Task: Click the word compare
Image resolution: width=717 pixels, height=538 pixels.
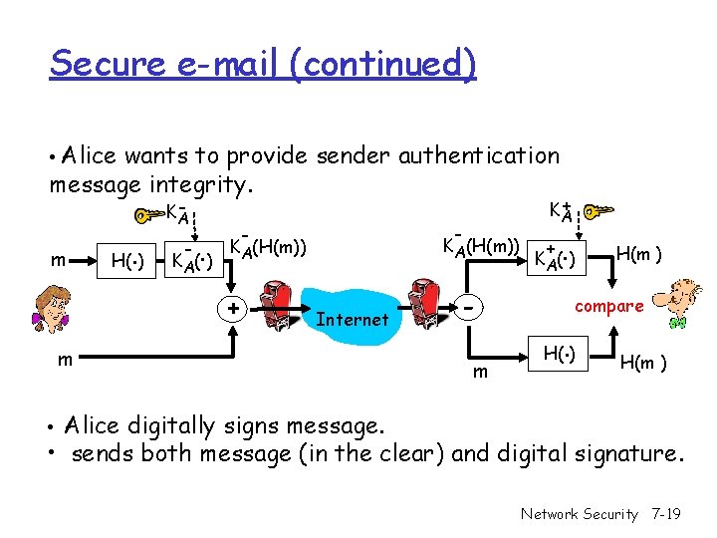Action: point(608,306)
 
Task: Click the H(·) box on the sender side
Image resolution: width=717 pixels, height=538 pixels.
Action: point(127,262)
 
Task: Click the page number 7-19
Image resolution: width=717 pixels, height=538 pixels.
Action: point(664,514)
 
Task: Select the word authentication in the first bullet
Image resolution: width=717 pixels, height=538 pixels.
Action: point(479,155)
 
